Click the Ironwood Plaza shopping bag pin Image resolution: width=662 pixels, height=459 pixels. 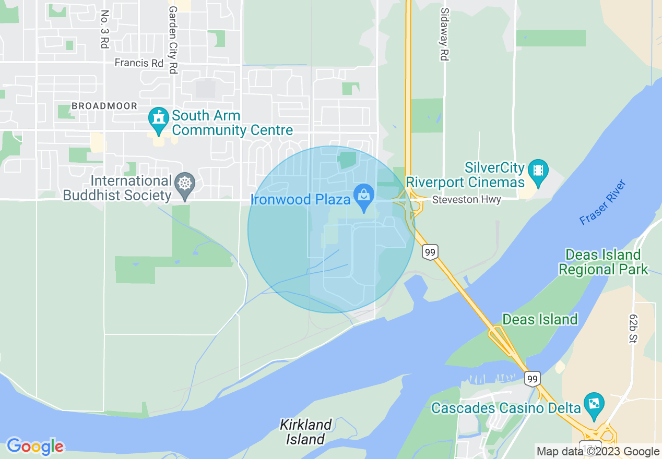[364, 196]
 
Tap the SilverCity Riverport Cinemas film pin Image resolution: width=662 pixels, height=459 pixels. [538, 171]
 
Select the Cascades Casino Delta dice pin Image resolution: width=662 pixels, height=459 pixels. [594, 404]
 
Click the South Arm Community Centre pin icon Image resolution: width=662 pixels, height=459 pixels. [158, 118]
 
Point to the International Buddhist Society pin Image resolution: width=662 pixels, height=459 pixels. [185, 184]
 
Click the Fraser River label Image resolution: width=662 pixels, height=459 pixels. [603, 202]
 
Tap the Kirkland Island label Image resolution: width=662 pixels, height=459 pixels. [305, 432]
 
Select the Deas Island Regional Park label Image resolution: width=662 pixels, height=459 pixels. [603, 262]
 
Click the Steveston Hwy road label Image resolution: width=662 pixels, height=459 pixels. [466, 200]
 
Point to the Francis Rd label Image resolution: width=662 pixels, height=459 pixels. [139, 63]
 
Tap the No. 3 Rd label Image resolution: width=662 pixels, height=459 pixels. [104, 29]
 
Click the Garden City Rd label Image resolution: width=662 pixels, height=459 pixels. [173, 40]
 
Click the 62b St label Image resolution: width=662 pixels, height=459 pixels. [634, 329]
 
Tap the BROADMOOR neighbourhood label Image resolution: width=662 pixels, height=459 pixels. [104, 106]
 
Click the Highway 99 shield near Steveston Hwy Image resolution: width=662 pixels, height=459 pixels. [430, 252]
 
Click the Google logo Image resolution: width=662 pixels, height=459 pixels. [35, 446]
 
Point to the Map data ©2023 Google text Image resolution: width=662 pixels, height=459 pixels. [598, 452]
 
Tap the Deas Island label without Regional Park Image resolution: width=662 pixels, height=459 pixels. [540, 319]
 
